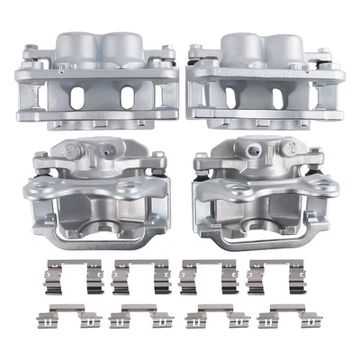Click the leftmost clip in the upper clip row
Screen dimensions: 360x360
(60, 274)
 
